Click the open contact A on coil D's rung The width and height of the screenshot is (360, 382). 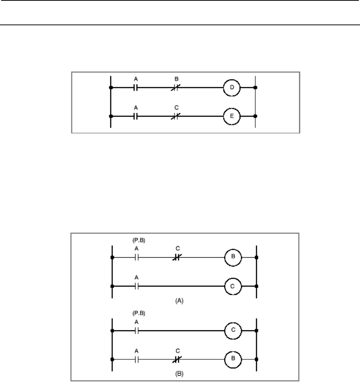coord(136,88)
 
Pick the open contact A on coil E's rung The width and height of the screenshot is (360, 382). coord(136,116)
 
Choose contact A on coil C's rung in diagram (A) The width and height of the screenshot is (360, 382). coord(136,287)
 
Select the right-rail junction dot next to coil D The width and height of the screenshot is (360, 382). coord(255,88)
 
